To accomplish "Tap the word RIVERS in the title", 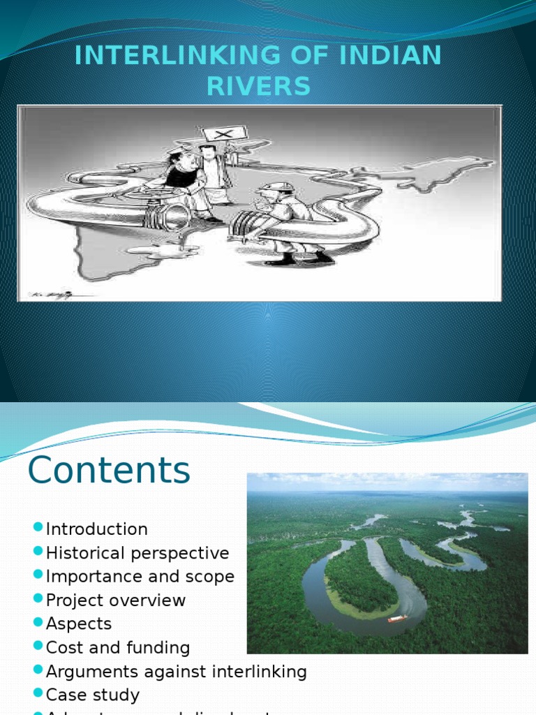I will [x=258, y=87].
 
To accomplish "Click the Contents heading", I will [x=109, y=470].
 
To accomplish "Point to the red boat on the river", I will [x=397, y=618].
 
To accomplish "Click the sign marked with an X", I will [x=225, y=133].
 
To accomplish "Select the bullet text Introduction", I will [x=96, y=529].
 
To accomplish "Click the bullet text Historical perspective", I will [x=137, y=553].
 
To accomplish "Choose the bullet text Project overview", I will [x=115, y=600].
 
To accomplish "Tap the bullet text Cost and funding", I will [x=117, y=648].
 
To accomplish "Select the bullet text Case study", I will [x=92, y=695].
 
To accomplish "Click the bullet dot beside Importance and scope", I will [x=38, y=576].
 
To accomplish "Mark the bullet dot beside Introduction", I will [x=38, y=529].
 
